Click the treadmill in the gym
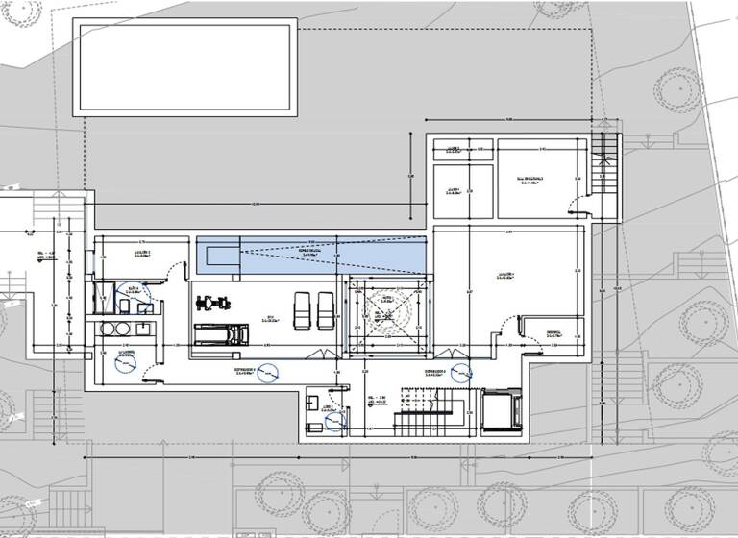click(221, 334)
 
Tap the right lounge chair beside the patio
click(326, 308)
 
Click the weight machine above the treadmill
click(213, 304)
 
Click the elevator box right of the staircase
click(501, 409)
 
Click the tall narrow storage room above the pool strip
click(455, 192)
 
